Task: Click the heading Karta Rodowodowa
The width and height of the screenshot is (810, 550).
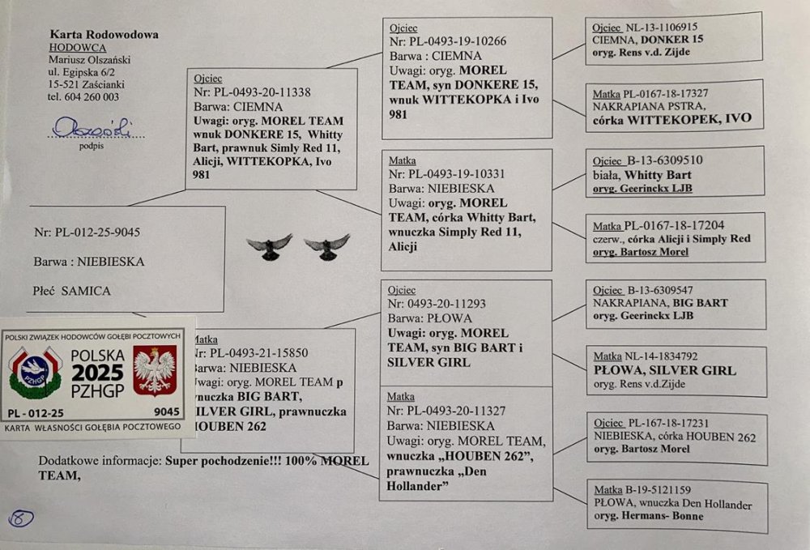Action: point(104,35)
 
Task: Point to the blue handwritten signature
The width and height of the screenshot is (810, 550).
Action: point(92,128)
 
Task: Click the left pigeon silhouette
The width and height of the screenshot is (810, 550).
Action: point(269,246)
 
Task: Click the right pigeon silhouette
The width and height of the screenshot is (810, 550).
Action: point(327,246)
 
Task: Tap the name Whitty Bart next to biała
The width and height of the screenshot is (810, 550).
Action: point(657,175)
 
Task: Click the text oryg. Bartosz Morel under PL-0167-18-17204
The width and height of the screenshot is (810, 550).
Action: point(641,251)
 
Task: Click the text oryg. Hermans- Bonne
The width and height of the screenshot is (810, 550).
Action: point(648,516)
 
